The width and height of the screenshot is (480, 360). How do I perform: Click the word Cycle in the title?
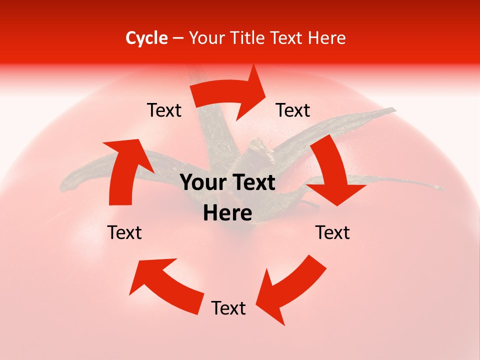(146, 38)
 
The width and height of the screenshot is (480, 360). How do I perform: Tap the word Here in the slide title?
(326, 38)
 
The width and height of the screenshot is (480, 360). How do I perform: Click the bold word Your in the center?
(200, 183)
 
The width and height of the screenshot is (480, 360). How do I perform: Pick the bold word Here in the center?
(227, 213)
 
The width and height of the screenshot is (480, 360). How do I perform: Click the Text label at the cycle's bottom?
(228, 308)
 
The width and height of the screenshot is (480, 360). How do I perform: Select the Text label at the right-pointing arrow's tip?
(293, 110)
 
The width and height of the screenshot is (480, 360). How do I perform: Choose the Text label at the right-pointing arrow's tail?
(164, 110)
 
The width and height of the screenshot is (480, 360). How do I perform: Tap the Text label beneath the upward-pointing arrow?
(124, 232)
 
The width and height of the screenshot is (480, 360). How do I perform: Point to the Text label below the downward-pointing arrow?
(332, 232)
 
